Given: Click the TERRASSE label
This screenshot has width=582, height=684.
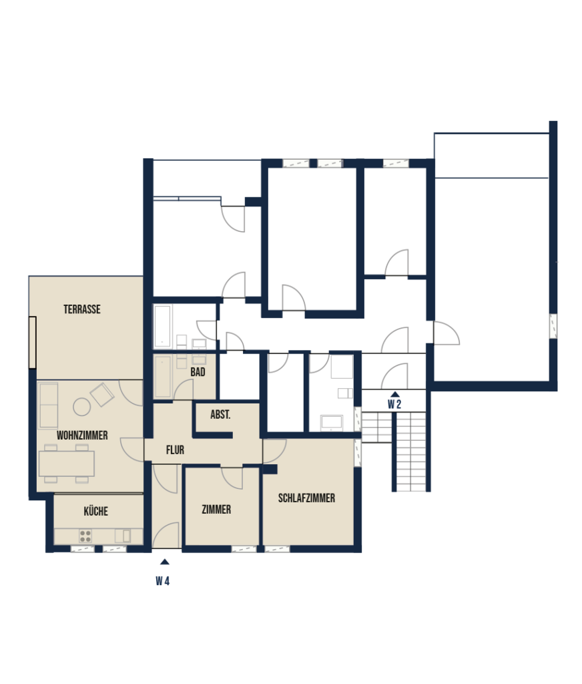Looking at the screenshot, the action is (82, 309).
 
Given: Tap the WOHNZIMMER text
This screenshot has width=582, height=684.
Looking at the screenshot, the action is (82, 436).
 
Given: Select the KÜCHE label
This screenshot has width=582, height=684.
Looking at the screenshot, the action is (96, 511).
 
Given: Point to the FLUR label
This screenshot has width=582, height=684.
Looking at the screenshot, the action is (175, 450).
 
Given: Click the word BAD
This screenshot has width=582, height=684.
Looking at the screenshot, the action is (198, 372).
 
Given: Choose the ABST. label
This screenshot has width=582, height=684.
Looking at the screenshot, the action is (220, 415).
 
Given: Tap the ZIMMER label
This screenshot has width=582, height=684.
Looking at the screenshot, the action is (216, 510).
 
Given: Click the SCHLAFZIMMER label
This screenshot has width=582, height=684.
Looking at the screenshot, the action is (306, 498).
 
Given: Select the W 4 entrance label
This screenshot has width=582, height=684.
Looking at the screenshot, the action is (163, 581).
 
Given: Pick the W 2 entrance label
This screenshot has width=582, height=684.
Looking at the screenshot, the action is (394, 404).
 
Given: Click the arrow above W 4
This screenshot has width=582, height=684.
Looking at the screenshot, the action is (164, 562).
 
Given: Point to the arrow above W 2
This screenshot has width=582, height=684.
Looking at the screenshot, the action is (394, 394).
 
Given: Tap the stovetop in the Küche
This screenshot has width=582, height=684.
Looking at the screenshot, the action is (85, 536).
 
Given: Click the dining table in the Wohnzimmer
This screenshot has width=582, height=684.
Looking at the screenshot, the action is (67, 464).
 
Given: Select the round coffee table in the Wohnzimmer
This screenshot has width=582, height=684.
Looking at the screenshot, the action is (82, 407).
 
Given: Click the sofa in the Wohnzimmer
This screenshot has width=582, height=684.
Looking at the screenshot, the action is (48, 405).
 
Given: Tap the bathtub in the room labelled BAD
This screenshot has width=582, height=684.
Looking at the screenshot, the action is (163, 377).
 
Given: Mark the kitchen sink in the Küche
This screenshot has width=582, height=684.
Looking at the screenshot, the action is (123, 536).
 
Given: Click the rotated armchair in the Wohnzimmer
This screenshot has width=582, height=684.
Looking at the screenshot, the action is (102, 395).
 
